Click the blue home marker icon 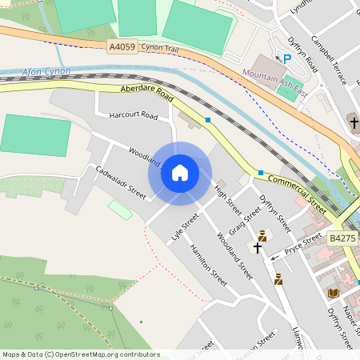pos(180,173)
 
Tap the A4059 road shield pos(122,47)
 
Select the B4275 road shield pos(342,238)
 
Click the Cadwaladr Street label pos(121,182)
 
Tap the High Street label pos(227,200)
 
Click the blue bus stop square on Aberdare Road pos(208,120)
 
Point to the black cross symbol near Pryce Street pos(258,249)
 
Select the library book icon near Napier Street pos(333,294)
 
